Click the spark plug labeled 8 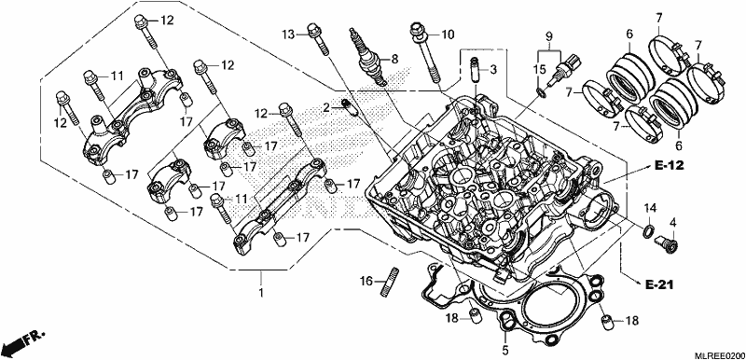coord(367,57)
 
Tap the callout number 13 coord(288,35)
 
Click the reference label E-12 coord(669,165)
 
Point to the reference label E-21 coord(659,284)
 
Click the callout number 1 coord(260,292)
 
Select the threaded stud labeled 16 coord(390,282)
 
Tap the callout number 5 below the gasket coord(504,351)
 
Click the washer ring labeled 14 coord(648,231)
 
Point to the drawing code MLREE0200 coord(718,355)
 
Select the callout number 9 coord(549,35)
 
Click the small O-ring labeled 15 coord(542,91)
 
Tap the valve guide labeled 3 coord(475,69)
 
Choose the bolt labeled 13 coord(318,39)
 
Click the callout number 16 coord(366,282)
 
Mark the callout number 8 coord(394,59)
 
